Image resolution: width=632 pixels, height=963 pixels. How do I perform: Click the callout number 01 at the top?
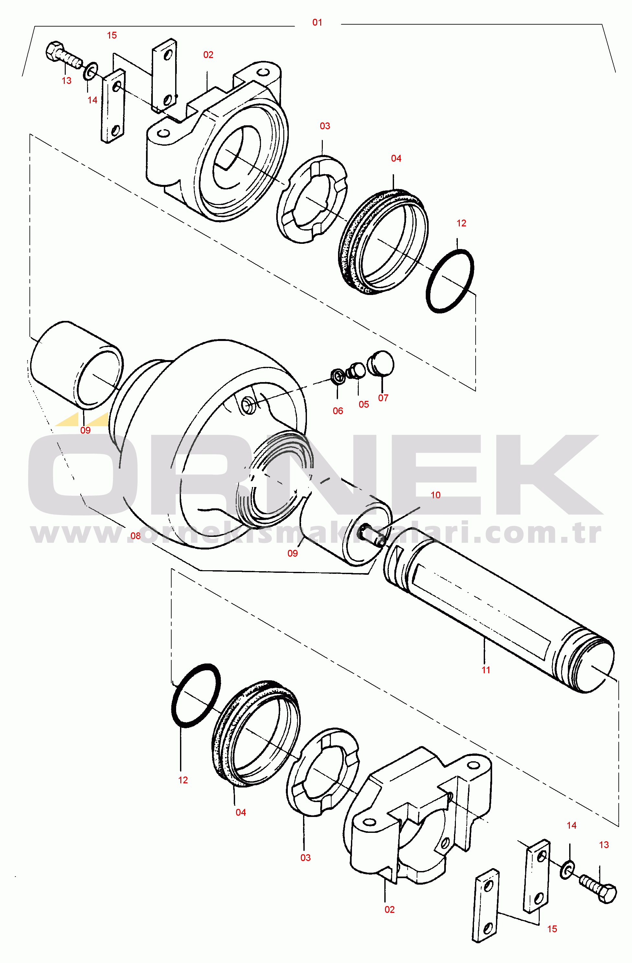317,23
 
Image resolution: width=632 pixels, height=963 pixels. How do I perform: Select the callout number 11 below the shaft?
486,670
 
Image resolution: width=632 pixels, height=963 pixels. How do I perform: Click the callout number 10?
435,495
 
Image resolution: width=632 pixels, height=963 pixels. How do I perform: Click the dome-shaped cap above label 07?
381,363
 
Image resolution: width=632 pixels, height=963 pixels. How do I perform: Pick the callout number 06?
338,411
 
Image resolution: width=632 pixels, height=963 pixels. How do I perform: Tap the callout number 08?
136,536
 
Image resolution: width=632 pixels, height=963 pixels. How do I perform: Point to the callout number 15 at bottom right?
552,929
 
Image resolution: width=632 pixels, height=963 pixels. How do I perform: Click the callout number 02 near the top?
209,55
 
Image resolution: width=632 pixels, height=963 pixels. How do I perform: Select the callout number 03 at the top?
325,126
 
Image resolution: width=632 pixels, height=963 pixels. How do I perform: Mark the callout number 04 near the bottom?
241,812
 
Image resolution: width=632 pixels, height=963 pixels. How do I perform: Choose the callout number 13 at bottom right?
604,845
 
